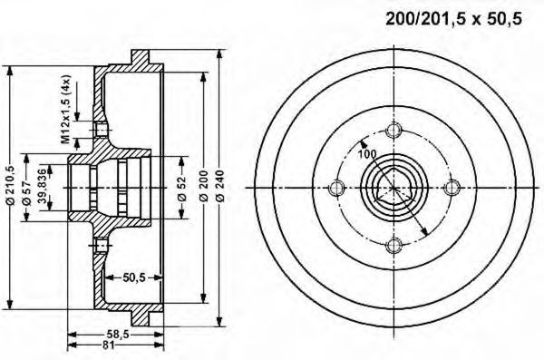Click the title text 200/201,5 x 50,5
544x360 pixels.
point(454,19)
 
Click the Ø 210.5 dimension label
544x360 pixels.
point(11,185)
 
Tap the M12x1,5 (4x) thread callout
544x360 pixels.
point(66,109)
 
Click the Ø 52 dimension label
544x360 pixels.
point(182,189)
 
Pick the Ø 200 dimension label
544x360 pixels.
point(204,186)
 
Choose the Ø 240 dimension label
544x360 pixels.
point(220,186)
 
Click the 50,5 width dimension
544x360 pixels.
point(133,277)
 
